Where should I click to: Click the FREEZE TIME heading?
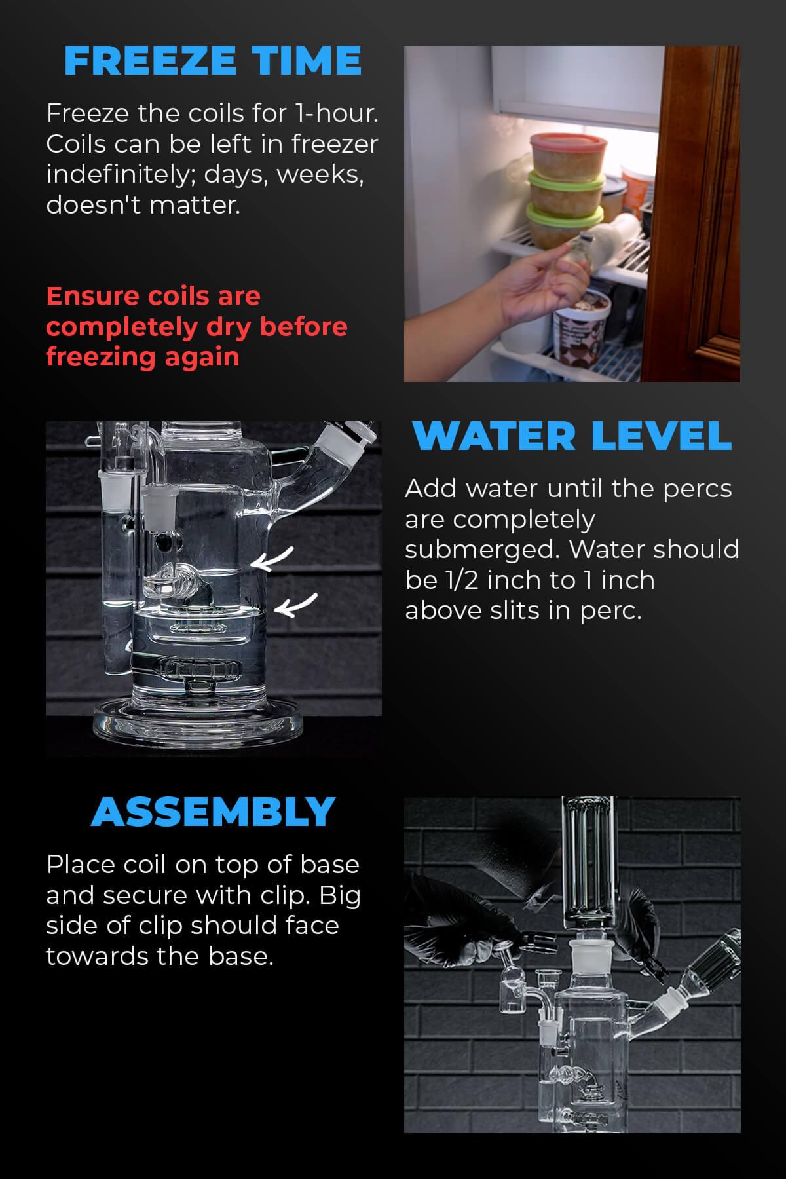(213, 60)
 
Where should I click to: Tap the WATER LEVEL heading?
(571, 436)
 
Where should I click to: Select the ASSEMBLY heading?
(213, 812)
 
